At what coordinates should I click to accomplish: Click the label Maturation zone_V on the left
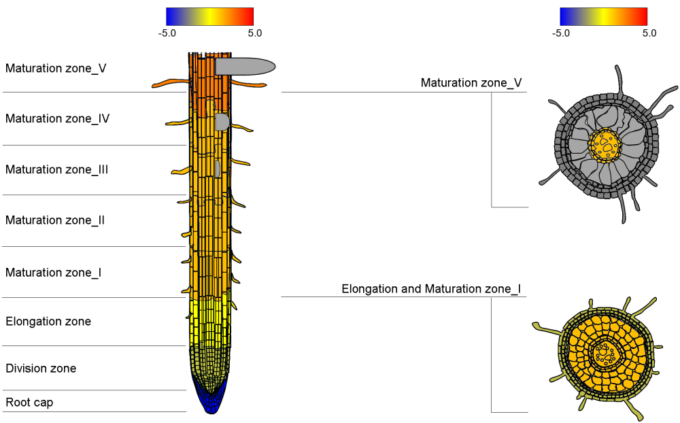[56, 68]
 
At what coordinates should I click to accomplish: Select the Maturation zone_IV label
[58, 118]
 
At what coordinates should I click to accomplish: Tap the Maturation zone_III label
[57, 169]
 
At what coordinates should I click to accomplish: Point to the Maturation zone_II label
[55, 220]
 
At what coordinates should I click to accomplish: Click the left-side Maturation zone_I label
[54, 273]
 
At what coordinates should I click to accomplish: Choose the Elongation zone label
[48, 321]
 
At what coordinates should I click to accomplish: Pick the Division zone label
[41, 369]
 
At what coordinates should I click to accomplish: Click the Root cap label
[29, 403]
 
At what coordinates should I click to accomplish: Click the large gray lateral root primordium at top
[245, 66]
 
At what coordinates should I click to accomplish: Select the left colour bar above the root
[209, 16]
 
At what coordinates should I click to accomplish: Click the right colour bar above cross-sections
[603, 16]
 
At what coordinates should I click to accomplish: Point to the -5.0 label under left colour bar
[167, 33]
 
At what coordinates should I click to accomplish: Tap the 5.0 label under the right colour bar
[649, 33]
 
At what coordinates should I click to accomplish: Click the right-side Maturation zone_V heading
[471, 83]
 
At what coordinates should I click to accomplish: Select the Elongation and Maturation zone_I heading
[431, 289]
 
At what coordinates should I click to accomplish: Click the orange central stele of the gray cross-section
[605, 144]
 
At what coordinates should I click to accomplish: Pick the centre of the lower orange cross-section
[604, 353]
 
